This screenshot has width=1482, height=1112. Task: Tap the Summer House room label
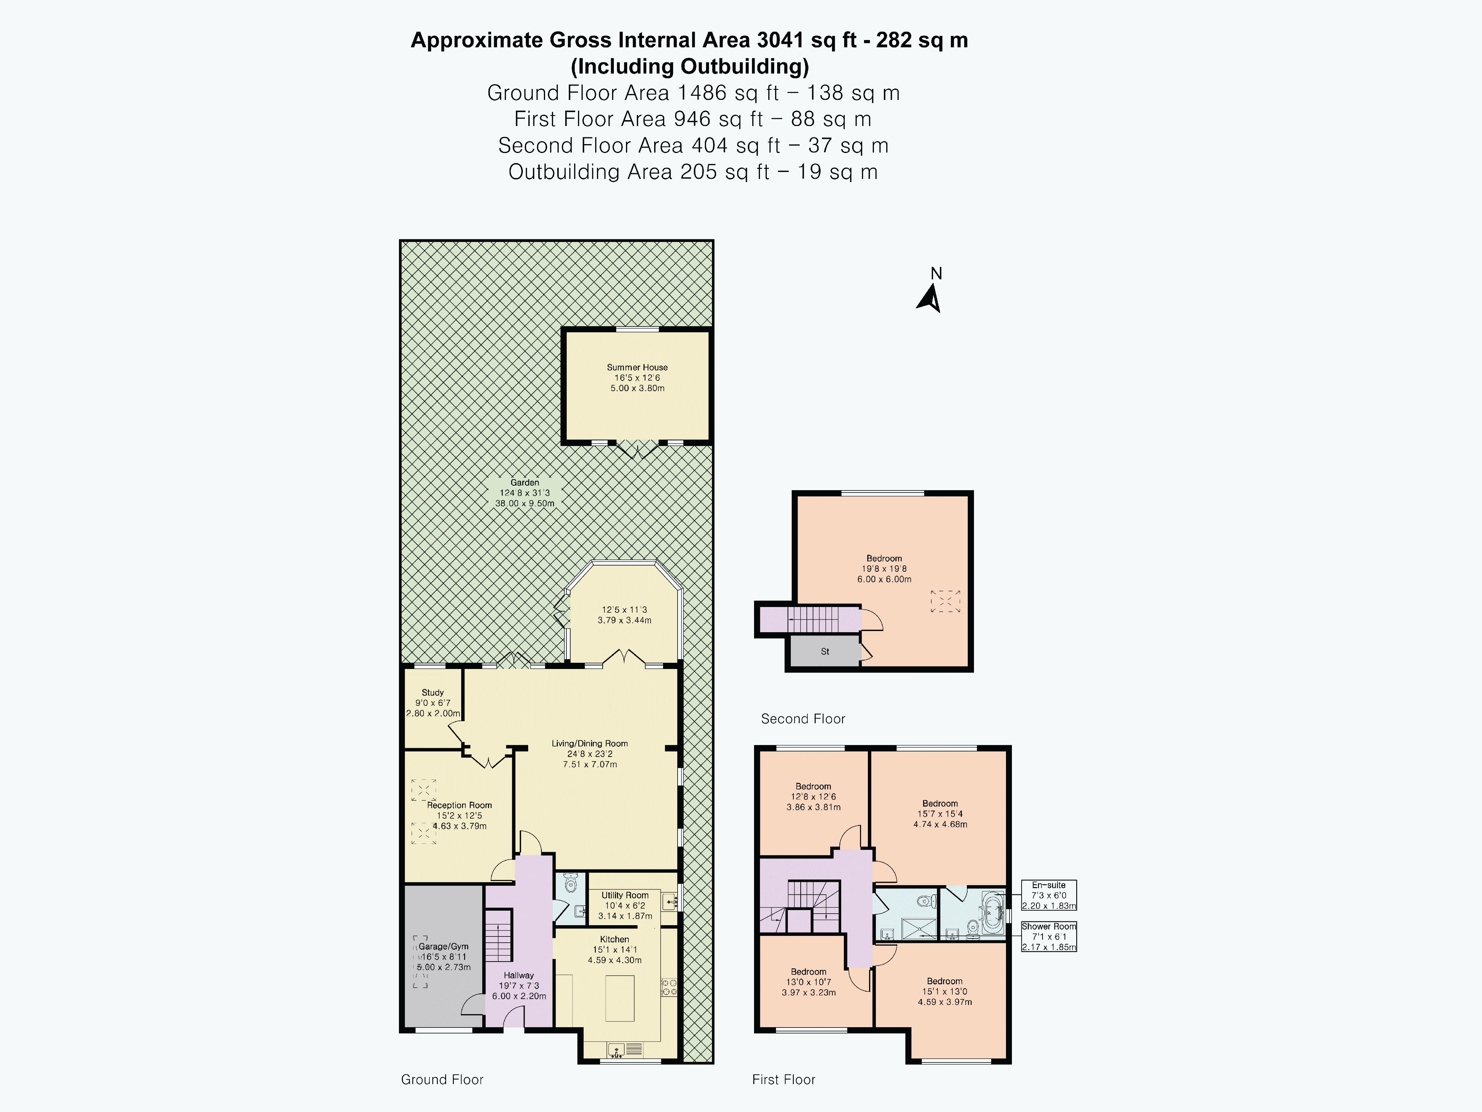[x=637, y=367]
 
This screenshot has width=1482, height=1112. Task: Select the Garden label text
[x=525, y=482]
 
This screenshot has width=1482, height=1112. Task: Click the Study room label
[x=433, y=692]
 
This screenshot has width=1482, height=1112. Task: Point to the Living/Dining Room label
[x=590, y=743]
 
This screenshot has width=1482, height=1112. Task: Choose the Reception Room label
[x=460, y=805]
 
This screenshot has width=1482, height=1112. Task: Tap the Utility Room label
[x=625, y=895]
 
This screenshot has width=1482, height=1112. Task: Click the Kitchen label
[x=614, y=939]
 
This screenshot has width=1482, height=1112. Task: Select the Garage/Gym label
[x=443, y=947]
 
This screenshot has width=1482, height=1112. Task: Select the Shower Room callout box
[x=1049, y=936]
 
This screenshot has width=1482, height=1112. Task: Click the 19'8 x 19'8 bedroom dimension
[x=884, y=568]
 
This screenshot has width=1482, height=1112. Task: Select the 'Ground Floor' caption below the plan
[x=442, y=1079]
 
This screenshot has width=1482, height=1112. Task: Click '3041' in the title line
[x=780, y=40]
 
